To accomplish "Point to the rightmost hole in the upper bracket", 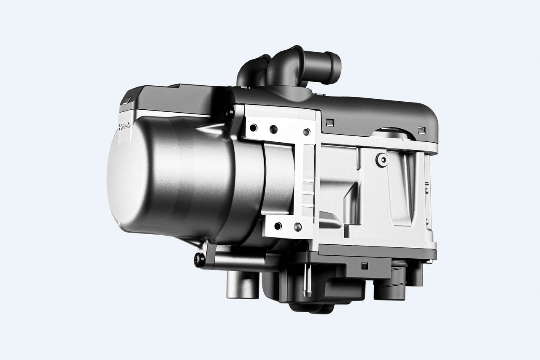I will pos(306,132).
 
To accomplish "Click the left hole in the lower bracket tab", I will pos(278,226).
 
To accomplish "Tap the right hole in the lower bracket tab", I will pos(297,227).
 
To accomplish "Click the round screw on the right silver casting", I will pos(382,160).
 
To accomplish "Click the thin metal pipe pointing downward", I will pos(307,283).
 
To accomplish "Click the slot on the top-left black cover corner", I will pos(128,100).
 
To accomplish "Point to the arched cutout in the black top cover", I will pos(392,133).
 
